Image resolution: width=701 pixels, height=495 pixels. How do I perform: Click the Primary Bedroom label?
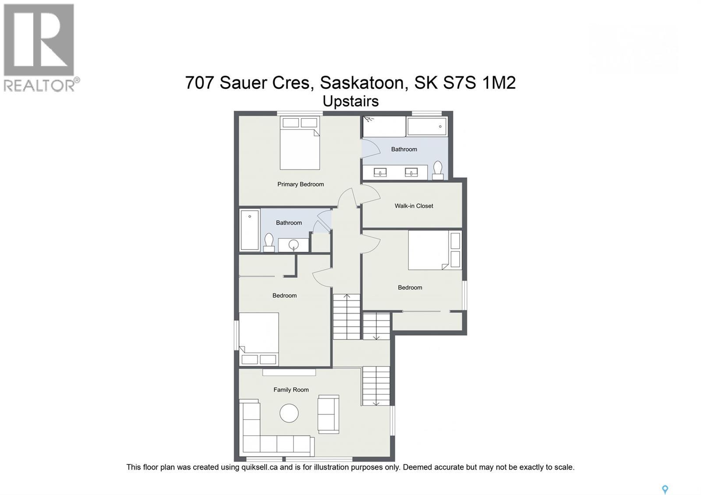[x=301, y=184]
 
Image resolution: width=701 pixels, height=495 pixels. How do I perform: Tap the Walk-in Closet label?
[x=414, y=206]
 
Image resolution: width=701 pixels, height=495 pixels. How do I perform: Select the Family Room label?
[x=291, y=390]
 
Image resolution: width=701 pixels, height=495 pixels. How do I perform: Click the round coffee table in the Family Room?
[x=289, y=413]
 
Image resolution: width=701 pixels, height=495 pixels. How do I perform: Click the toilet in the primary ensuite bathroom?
[x=438, y=170]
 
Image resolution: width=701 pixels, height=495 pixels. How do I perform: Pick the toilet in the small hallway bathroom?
[x=269, y=242]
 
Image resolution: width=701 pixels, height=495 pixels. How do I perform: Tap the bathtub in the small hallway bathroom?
[x=250, y=230]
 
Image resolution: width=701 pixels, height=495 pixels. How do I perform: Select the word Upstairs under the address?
[x=350, y=101]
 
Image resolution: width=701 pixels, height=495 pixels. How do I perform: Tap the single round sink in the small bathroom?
[x=294, y=245]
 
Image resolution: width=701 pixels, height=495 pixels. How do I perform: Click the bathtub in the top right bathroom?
[x=427, y=127]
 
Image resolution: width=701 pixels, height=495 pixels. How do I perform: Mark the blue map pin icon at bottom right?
[x=665, y=489]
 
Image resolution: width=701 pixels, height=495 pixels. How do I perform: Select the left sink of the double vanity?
[x=380, y=173]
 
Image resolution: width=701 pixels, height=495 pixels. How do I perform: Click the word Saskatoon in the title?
[x=361, y=82]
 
